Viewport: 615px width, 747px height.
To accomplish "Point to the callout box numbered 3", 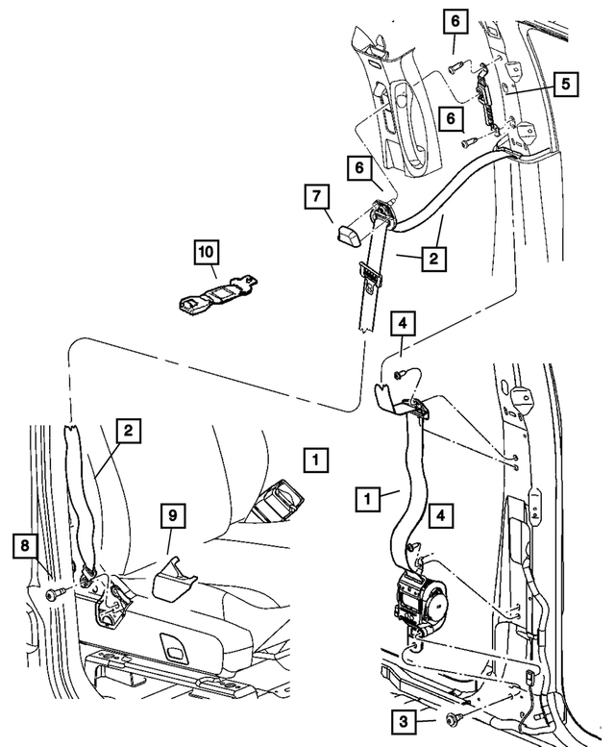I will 404,718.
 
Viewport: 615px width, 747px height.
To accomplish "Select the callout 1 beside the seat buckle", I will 311,459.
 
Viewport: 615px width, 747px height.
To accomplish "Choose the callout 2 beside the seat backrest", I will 126,432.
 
